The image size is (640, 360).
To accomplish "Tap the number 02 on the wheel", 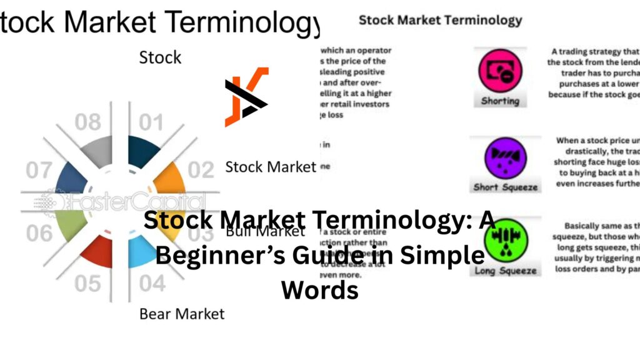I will [201, 169].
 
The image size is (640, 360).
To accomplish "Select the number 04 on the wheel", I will [151, 282].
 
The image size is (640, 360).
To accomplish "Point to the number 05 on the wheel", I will [87, 282].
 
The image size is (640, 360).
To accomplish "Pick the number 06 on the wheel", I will [39, 233].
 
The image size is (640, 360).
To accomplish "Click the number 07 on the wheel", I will [39, 169].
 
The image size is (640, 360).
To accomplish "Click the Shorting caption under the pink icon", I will [500, 101].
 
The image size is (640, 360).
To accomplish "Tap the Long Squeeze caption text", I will [506, 271].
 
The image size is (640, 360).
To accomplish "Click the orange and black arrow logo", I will [246, 97].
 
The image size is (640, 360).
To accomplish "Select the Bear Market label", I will [181, 312].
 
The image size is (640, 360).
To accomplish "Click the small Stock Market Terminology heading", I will [440, 20].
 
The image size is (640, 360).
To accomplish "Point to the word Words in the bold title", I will [319, 290].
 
